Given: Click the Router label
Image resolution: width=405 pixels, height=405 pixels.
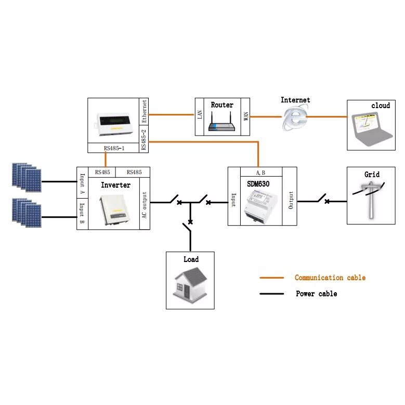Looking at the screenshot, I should [222, 105].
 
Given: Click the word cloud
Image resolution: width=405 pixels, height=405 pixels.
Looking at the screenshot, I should [380, 106].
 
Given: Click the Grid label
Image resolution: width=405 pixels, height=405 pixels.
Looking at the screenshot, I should [372, 175].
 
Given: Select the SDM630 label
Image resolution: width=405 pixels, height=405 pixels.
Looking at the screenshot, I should [258, 184].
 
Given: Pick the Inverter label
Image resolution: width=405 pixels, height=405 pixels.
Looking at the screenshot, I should [115, 185].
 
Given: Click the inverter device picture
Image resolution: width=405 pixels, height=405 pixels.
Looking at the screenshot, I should [115, 208].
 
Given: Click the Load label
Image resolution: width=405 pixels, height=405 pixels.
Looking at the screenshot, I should [191, 259].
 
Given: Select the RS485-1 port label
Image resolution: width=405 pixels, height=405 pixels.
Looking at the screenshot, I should [114, 148].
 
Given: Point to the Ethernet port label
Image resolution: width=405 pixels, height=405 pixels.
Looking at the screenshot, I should [144, 111].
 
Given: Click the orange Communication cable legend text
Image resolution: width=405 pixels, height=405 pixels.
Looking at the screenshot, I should [330, 278].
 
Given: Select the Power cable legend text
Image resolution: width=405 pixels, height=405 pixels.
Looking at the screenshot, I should [316, 294].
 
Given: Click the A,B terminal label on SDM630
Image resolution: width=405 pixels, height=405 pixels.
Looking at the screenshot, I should [261, 172].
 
